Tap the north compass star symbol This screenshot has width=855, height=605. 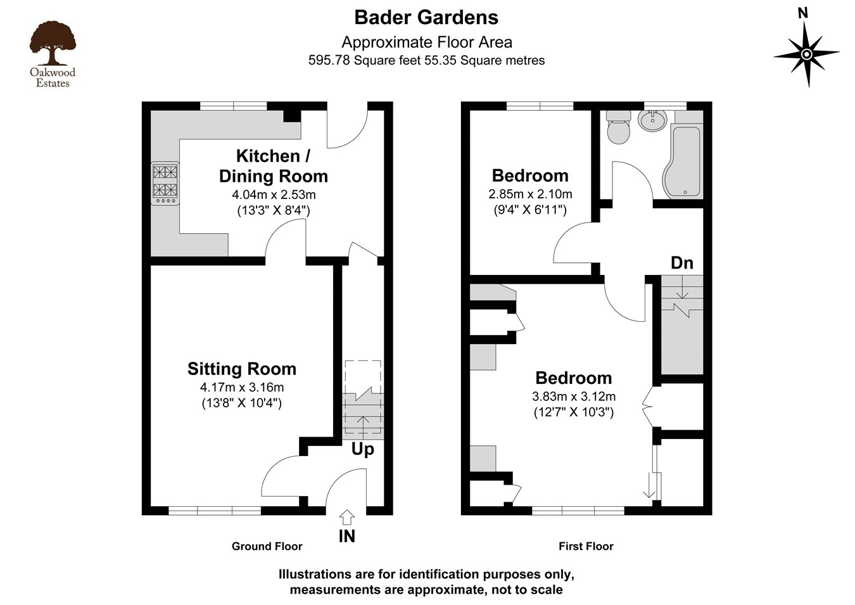pos(806,54)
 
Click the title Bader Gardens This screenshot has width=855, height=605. pos(426,17)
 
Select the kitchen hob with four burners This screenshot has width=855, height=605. pos(165,183)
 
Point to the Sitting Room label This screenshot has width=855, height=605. pos(241,369)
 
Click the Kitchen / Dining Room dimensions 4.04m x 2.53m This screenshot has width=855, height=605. pos(274,195)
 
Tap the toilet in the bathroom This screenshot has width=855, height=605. pos(618,128)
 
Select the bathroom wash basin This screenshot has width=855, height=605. pos(652,120)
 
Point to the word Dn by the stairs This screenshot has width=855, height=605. pos(681,263)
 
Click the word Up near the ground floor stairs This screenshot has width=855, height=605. pos(362,449)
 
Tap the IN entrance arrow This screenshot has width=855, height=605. pos(347,518)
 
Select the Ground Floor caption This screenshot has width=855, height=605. pos(267,546)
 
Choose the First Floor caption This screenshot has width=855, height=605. pos(586,546)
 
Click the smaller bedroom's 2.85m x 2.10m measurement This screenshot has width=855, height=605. pos(530,194)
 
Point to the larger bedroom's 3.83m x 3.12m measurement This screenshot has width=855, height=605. pos(574,397)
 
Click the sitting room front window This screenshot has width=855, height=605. pos(215,510)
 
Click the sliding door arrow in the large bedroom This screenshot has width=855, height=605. pos(650,486)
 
